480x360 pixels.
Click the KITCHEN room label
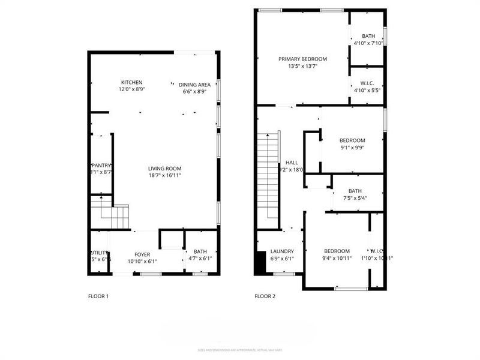(x=131, y=83)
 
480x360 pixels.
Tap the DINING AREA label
(x=194, y=85)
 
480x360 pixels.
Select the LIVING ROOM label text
(x=165, y=169)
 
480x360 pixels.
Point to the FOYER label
(x=142, y=254)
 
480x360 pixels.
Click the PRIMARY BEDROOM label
(x=302, y=59)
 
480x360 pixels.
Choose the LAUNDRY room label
(x=282, y=251)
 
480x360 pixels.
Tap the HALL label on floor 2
(x=292, y=163)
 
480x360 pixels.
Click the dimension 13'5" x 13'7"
(x=302, y=67)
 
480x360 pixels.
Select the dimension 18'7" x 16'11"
(x=165, y=176)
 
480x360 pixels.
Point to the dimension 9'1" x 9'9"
(x=352, y=148)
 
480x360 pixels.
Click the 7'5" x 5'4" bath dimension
(x=355, y=199)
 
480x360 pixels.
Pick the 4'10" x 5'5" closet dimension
(x=367, y=91)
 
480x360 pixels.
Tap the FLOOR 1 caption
(x=98, y=296)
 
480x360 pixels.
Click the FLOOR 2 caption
(x=265, y=296)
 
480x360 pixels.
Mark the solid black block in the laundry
(x=259, y=262)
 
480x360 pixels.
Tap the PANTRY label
(x=101, y=165)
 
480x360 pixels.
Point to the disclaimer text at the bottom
(x=240, y=350)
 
